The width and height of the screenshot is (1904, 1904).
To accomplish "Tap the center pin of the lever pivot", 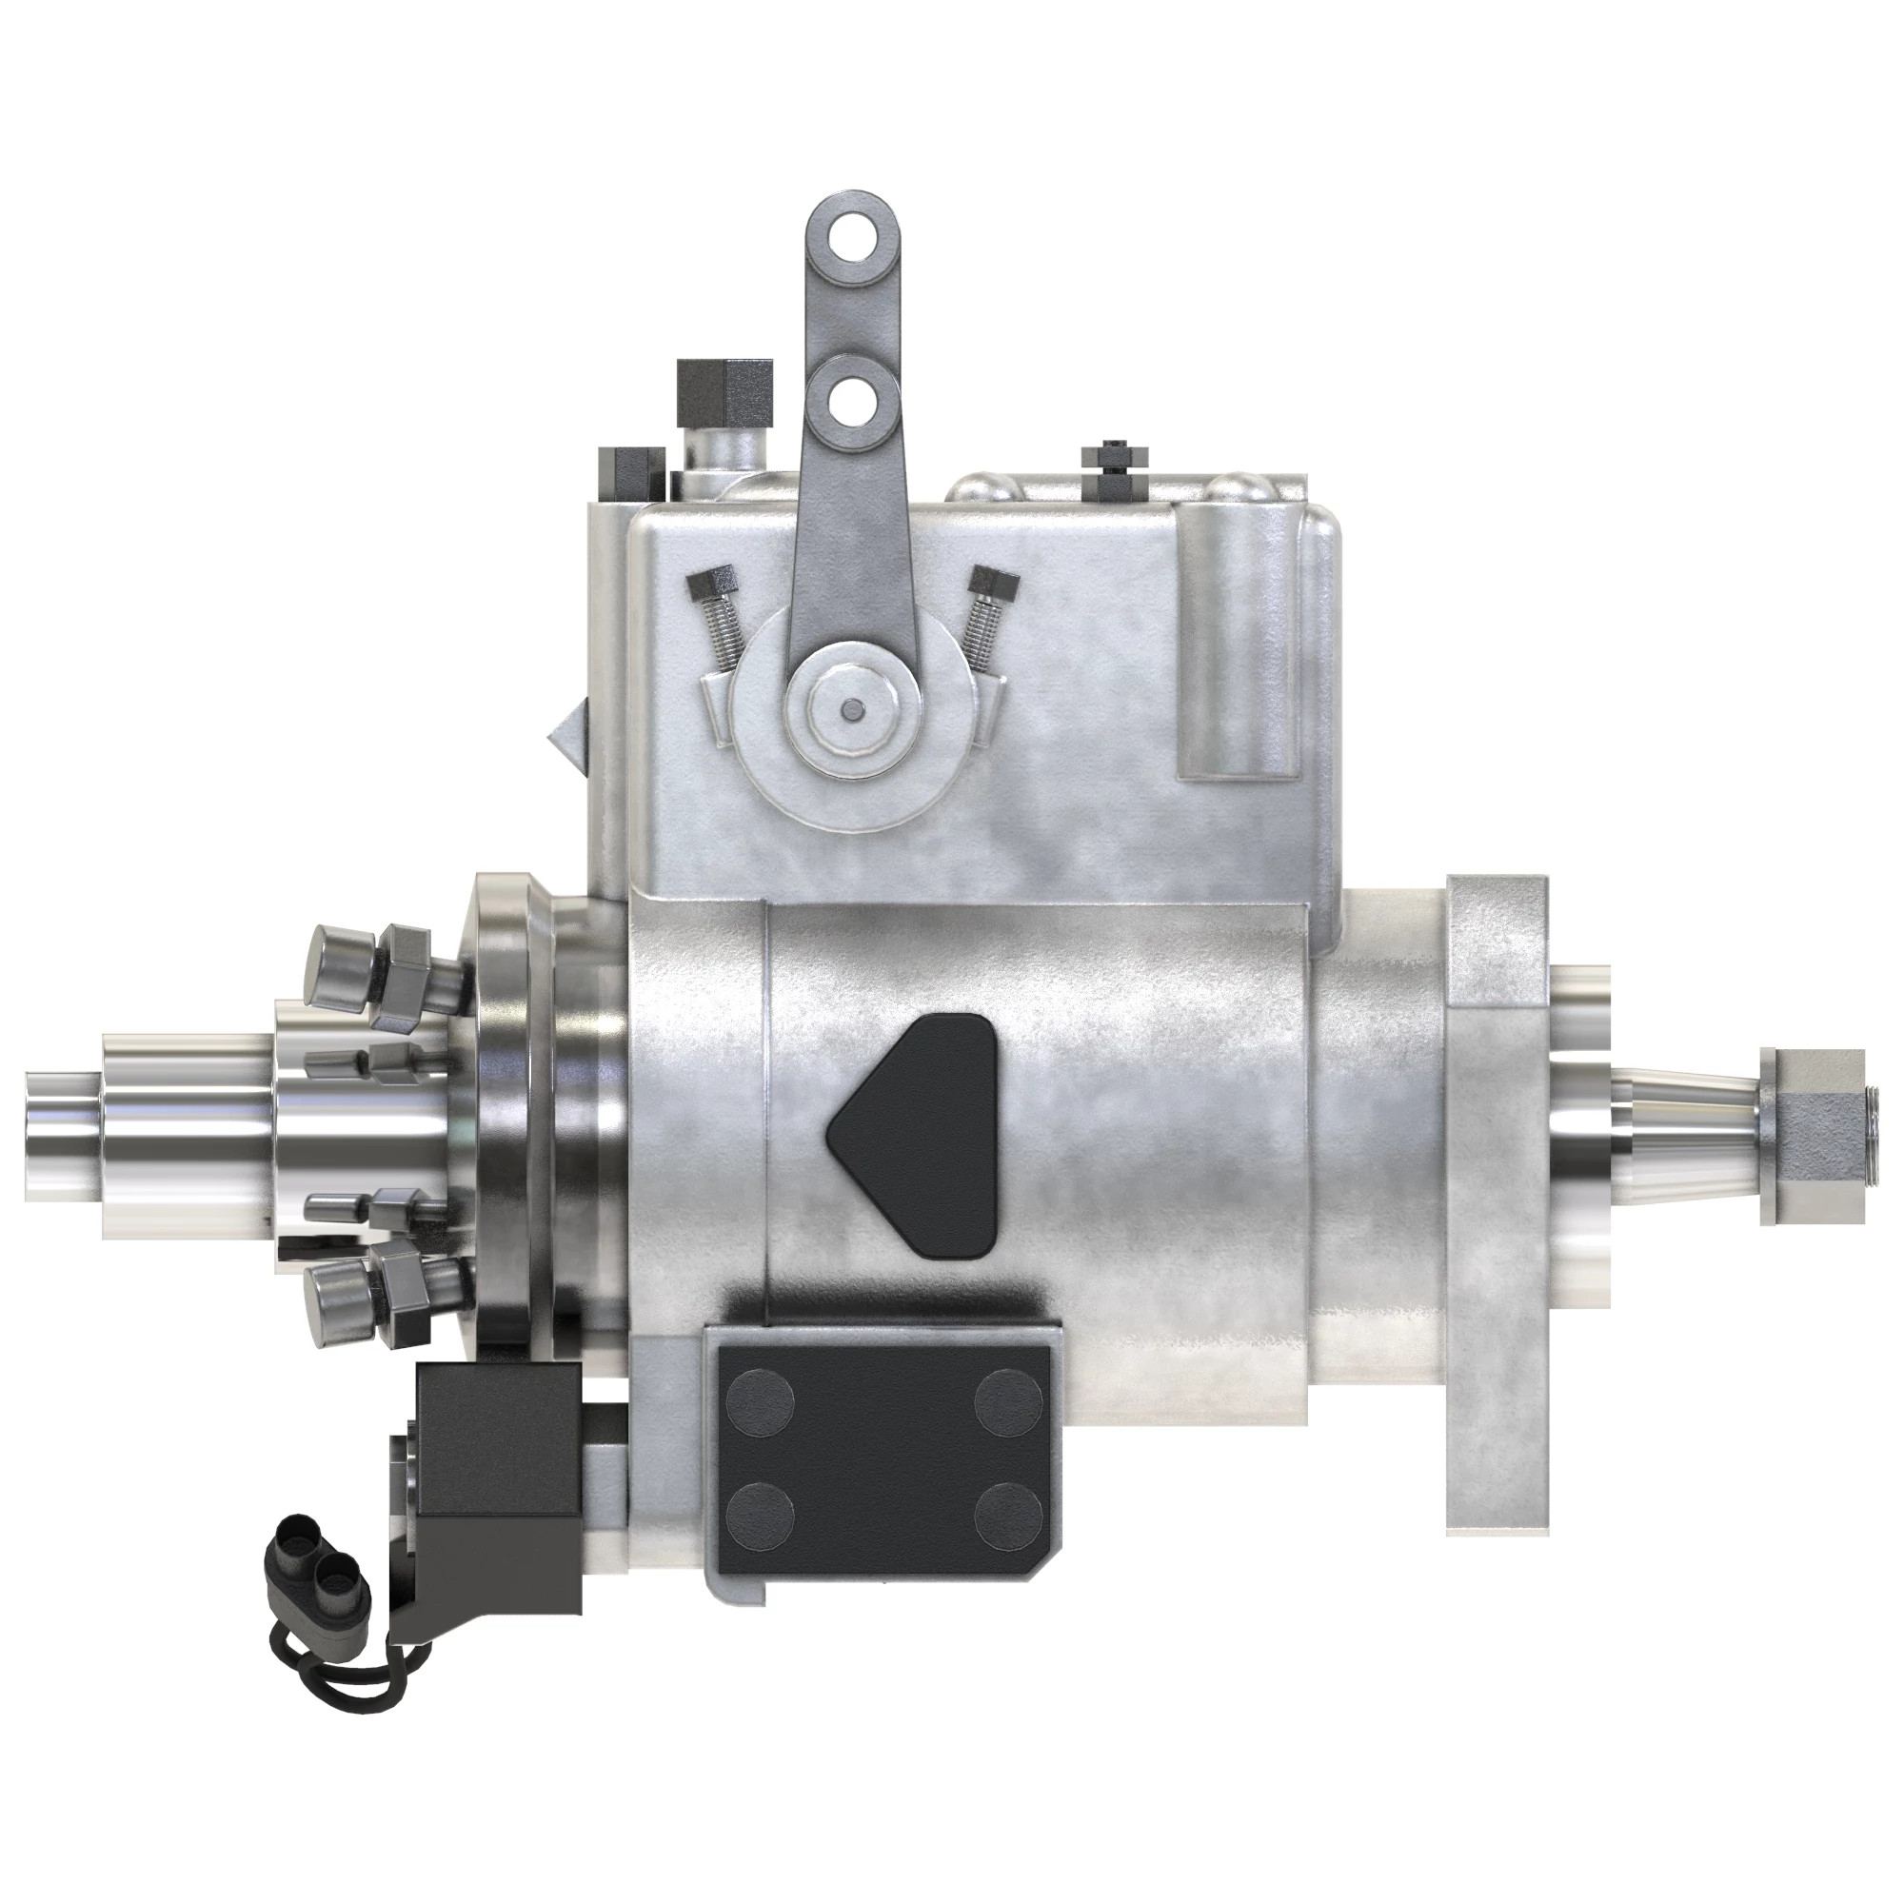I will [x=850, y=707].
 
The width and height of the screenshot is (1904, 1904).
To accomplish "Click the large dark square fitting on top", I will [x=724, y=388].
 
